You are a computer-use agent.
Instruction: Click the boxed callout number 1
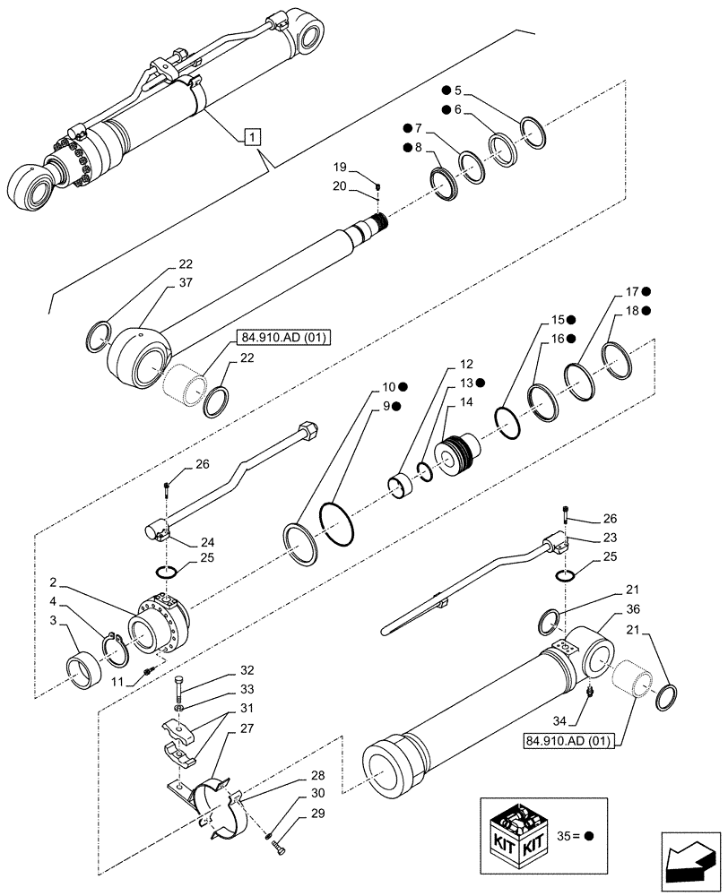(254, 137)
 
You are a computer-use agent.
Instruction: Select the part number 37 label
(185, 284)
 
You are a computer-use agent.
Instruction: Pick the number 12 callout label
(466, 365)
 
